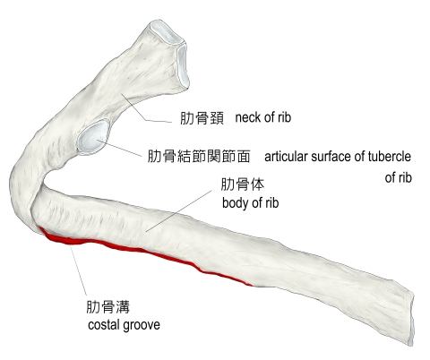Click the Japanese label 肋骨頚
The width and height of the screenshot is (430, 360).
point(202,118)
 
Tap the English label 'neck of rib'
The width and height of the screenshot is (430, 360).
point(263,117)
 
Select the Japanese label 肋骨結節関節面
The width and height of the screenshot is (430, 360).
point(199,156)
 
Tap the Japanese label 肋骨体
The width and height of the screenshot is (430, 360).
point(243,184)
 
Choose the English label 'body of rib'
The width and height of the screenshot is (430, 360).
point(251,203)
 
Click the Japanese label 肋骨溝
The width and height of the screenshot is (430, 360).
point(108,306)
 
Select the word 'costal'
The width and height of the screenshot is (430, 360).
point(103,325)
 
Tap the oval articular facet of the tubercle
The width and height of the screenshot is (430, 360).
point(93,138)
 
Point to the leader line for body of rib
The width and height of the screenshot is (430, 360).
point(179,210)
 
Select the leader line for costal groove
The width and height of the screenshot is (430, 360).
point(78,270)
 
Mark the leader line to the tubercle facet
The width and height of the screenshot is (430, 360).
point(119,148)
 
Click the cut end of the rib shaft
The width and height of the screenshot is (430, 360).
point(411,318)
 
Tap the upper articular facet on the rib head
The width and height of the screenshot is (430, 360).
point(166,33)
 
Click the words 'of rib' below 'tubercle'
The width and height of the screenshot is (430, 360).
point(399,177)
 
